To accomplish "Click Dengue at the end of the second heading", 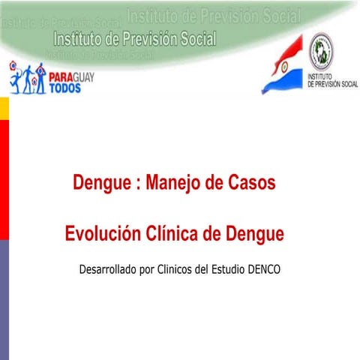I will tap(251, 234).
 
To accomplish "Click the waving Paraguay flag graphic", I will tap(283, 70).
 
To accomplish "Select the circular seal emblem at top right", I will tap(323, 49).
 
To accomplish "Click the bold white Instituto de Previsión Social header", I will tap(135, 38).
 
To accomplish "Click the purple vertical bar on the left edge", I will tap(4, 300).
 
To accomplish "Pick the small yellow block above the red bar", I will tap(4, 109).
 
